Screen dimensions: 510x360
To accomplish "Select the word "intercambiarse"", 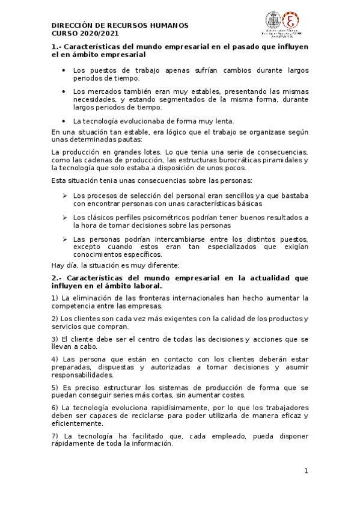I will click(166, 239).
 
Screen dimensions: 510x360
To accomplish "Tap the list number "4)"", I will click(55, 359).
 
